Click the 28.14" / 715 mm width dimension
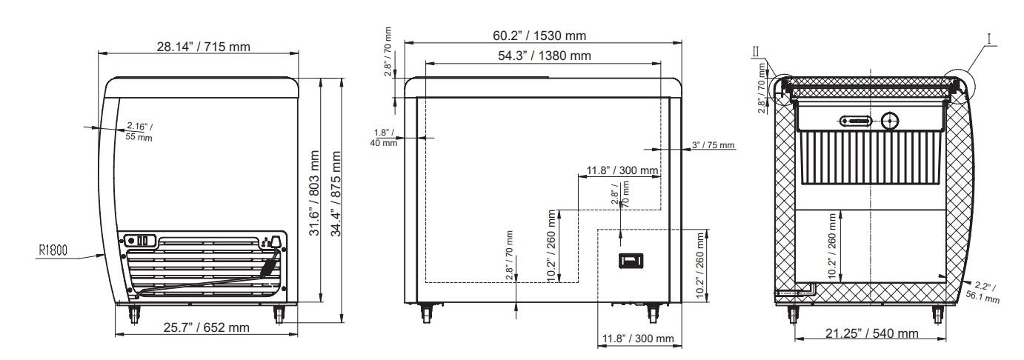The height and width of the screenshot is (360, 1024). pos(203,47)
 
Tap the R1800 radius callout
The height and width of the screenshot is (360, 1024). pos(53,250)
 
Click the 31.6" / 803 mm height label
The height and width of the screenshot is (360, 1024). pos(315,193)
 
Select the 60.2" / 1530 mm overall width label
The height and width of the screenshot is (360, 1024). pos(540,35)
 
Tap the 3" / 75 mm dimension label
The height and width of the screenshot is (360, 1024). pos(713,145)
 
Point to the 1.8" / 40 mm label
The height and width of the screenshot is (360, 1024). pos(384,137)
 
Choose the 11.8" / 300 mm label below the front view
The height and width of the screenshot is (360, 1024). pos(639,339)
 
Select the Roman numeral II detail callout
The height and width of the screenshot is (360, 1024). pos(755,50)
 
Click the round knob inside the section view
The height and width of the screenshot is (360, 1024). pos(888,120)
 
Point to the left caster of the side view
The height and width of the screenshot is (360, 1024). pos(136,313)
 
